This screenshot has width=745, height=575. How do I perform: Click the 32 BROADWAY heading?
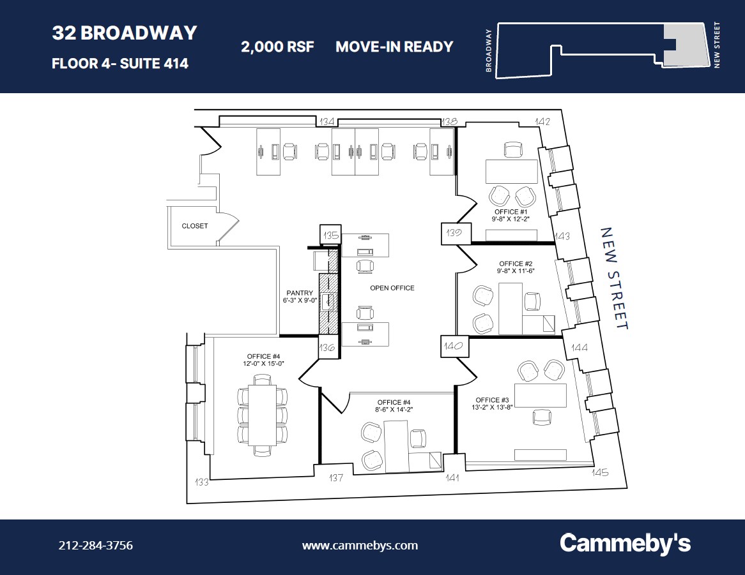(125, 33)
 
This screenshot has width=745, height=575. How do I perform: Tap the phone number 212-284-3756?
(95, 546)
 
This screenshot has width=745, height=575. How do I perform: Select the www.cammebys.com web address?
(360, 546)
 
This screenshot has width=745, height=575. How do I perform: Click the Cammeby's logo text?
(625, 544)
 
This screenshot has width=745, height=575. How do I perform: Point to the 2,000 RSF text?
(277, 47)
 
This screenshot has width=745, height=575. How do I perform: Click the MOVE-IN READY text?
(394, 47)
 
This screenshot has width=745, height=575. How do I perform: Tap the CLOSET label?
(194, 226)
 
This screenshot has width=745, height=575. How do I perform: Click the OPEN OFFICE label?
(392, 288)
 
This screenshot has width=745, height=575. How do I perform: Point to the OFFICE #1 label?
(510, 211)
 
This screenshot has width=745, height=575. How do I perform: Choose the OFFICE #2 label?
(516, 264)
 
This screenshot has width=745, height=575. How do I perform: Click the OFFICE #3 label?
(492, 400)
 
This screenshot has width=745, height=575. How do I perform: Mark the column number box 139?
(456, 233)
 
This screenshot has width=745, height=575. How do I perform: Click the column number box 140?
(454, 347)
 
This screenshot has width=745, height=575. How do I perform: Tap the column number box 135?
(330, 235)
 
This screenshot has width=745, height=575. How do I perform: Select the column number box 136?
(327, 348)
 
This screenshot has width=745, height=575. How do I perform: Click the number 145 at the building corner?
(599, 473)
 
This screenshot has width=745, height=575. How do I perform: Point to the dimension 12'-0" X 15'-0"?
(263, 363)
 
